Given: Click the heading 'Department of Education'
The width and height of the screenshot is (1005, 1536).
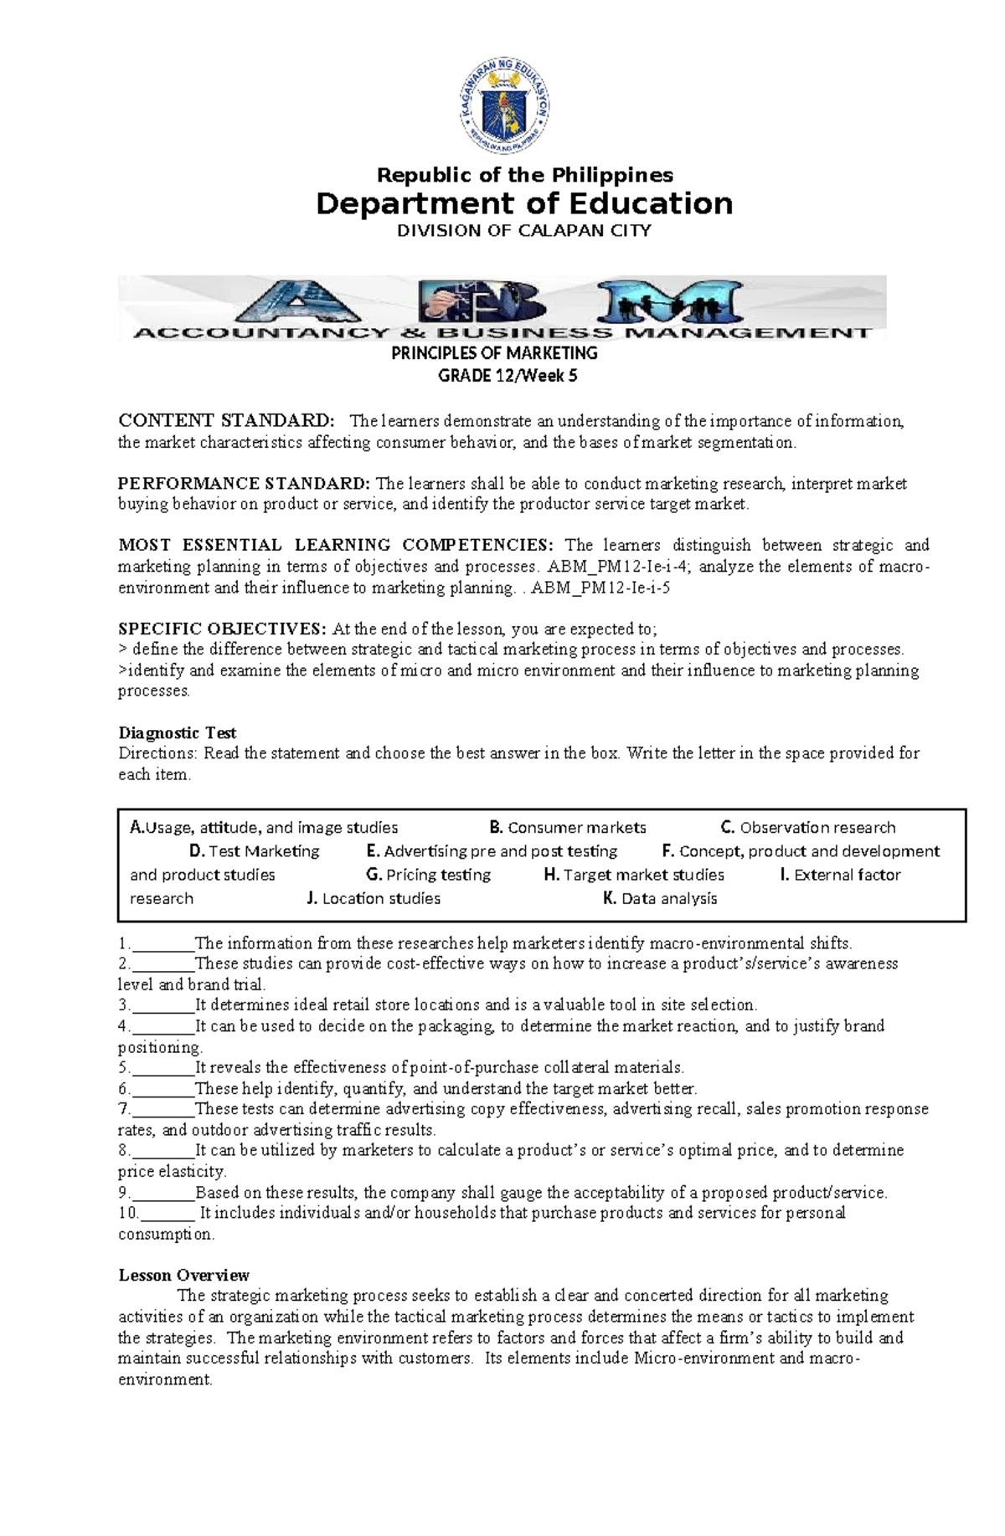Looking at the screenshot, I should [524, 203].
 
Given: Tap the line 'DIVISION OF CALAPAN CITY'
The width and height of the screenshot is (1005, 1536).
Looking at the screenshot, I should [524, 231].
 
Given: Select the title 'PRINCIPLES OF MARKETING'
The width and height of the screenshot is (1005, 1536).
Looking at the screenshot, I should [495, 353].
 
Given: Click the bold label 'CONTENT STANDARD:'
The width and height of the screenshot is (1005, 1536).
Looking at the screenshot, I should [226, 420].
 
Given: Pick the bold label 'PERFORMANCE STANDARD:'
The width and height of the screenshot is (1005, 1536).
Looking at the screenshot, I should [243, 483].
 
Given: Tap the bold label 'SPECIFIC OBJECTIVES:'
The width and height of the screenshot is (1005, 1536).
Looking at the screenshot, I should [222, 629].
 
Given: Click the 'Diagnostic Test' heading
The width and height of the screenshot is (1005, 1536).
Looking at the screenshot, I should [178, 733].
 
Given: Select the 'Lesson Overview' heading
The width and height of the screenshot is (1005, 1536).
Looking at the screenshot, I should [183, 1275].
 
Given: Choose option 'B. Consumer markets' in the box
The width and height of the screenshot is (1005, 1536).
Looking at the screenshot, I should [568, 828].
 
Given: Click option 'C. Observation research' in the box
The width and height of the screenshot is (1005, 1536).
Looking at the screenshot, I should [808, 828].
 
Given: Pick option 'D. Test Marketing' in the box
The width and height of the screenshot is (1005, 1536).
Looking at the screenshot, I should [255, 851].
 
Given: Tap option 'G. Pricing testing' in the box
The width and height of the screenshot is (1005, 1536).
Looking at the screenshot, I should [429, 875].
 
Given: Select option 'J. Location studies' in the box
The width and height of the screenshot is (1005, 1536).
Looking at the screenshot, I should [374, 898].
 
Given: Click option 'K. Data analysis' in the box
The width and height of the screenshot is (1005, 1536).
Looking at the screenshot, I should [660, 898].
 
